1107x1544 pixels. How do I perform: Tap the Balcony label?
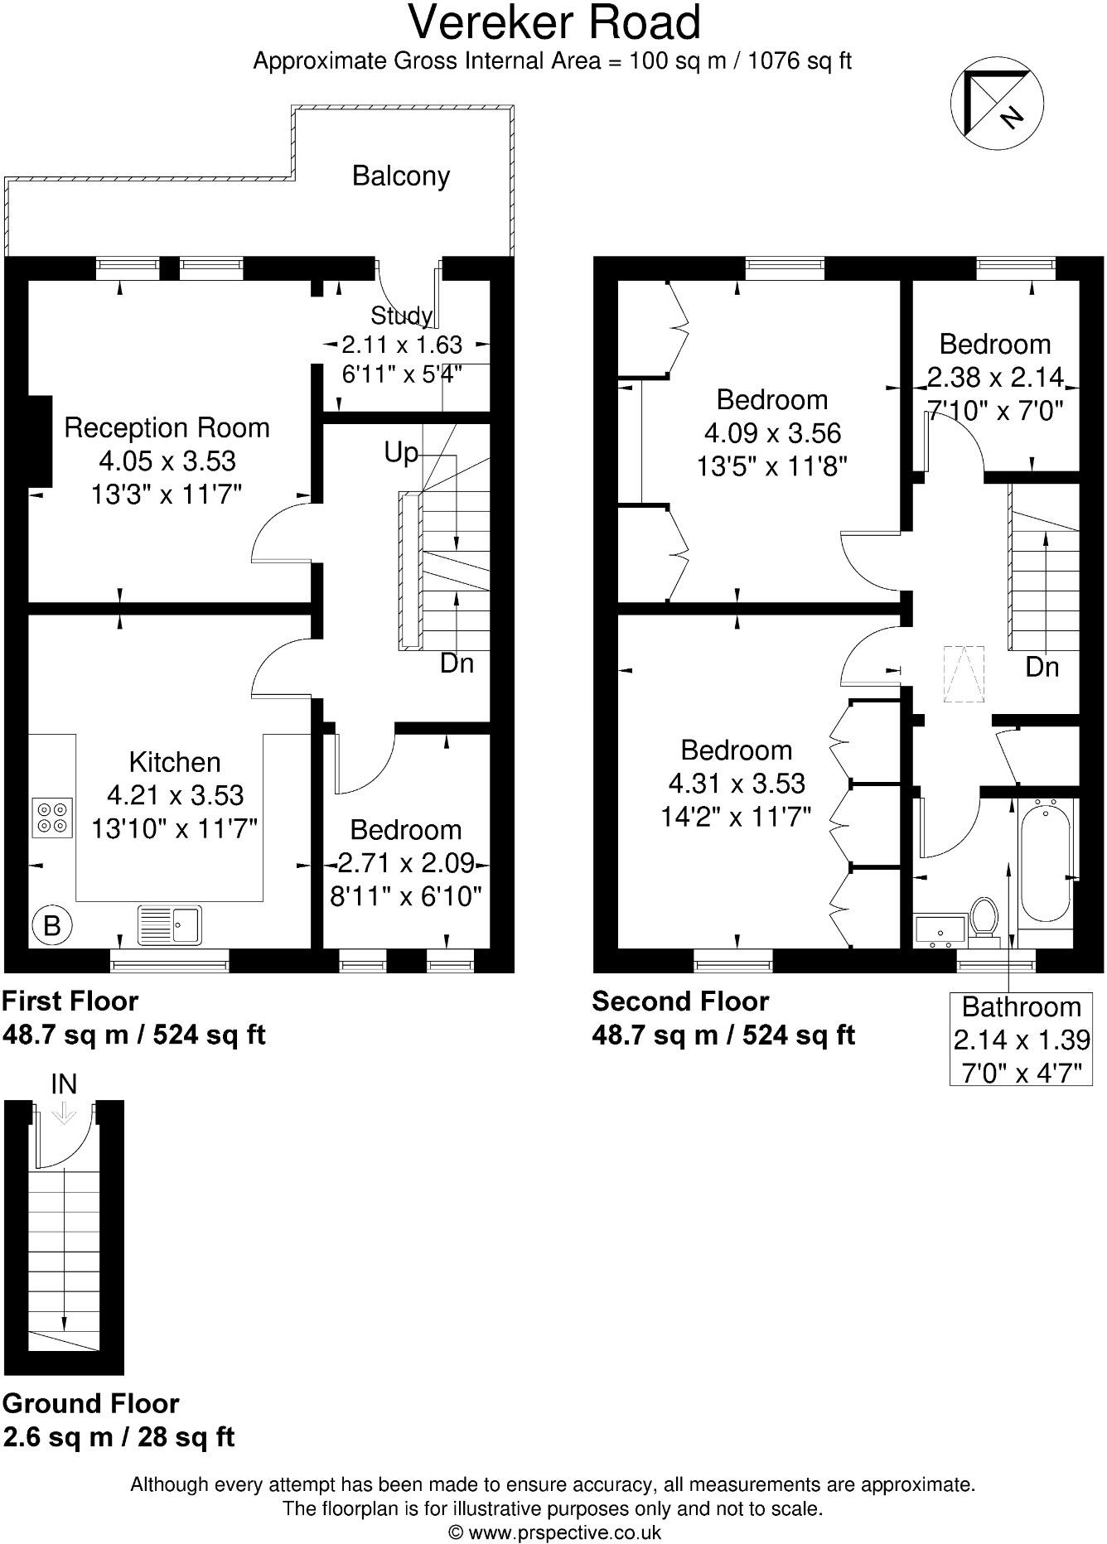401,176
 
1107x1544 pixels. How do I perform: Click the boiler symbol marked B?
51,924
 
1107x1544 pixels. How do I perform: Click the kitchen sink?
170,924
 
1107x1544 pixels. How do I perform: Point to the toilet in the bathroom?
984,918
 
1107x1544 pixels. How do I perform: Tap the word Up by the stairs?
401,453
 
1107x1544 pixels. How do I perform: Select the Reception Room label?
167,428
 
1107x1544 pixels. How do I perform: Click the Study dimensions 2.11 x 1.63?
402,344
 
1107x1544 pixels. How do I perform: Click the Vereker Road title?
554,23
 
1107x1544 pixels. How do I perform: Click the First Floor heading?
70,1001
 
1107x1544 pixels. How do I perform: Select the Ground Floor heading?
91,1403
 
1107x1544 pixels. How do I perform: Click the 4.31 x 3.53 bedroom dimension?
737,783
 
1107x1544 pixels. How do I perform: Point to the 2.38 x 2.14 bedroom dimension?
994,378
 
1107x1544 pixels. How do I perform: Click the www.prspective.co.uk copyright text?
553,1532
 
